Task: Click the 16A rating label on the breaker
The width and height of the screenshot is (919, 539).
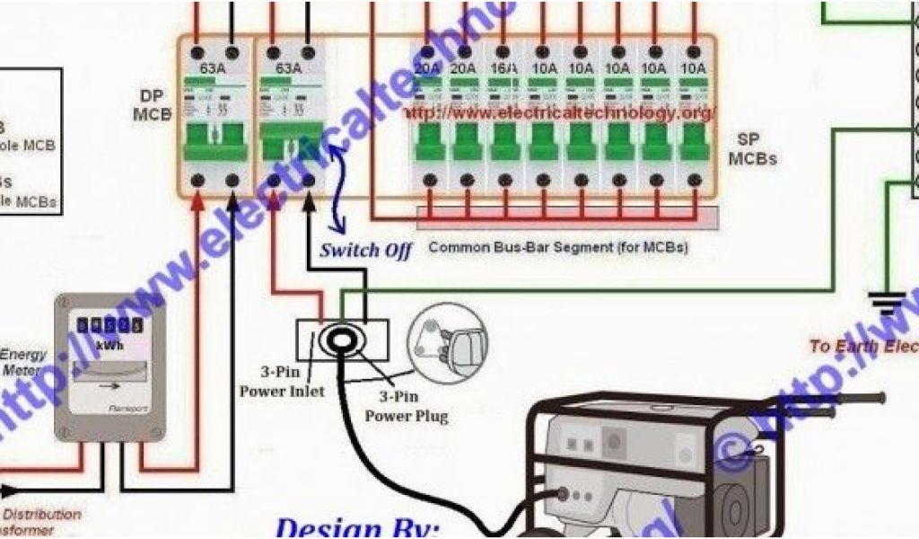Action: click(504, 68)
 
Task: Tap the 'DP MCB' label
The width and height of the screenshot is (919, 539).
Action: click(152, 105)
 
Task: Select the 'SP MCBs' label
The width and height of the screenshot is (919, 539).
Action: click(752, 149)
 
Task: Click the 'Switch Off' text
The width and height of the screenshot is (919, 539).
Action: click(366, 250)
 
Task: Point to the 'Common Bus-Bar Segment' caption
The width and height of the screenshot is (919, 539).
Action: click(558, 246)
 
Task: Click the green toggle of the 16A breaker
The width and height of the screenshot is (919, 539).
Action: click(503, 141)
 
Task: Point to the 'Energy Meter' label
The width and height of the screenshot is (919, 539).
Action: click(25, 361)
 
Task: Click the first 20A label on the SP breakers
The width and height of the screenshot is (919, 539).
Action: click(427, 68)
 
